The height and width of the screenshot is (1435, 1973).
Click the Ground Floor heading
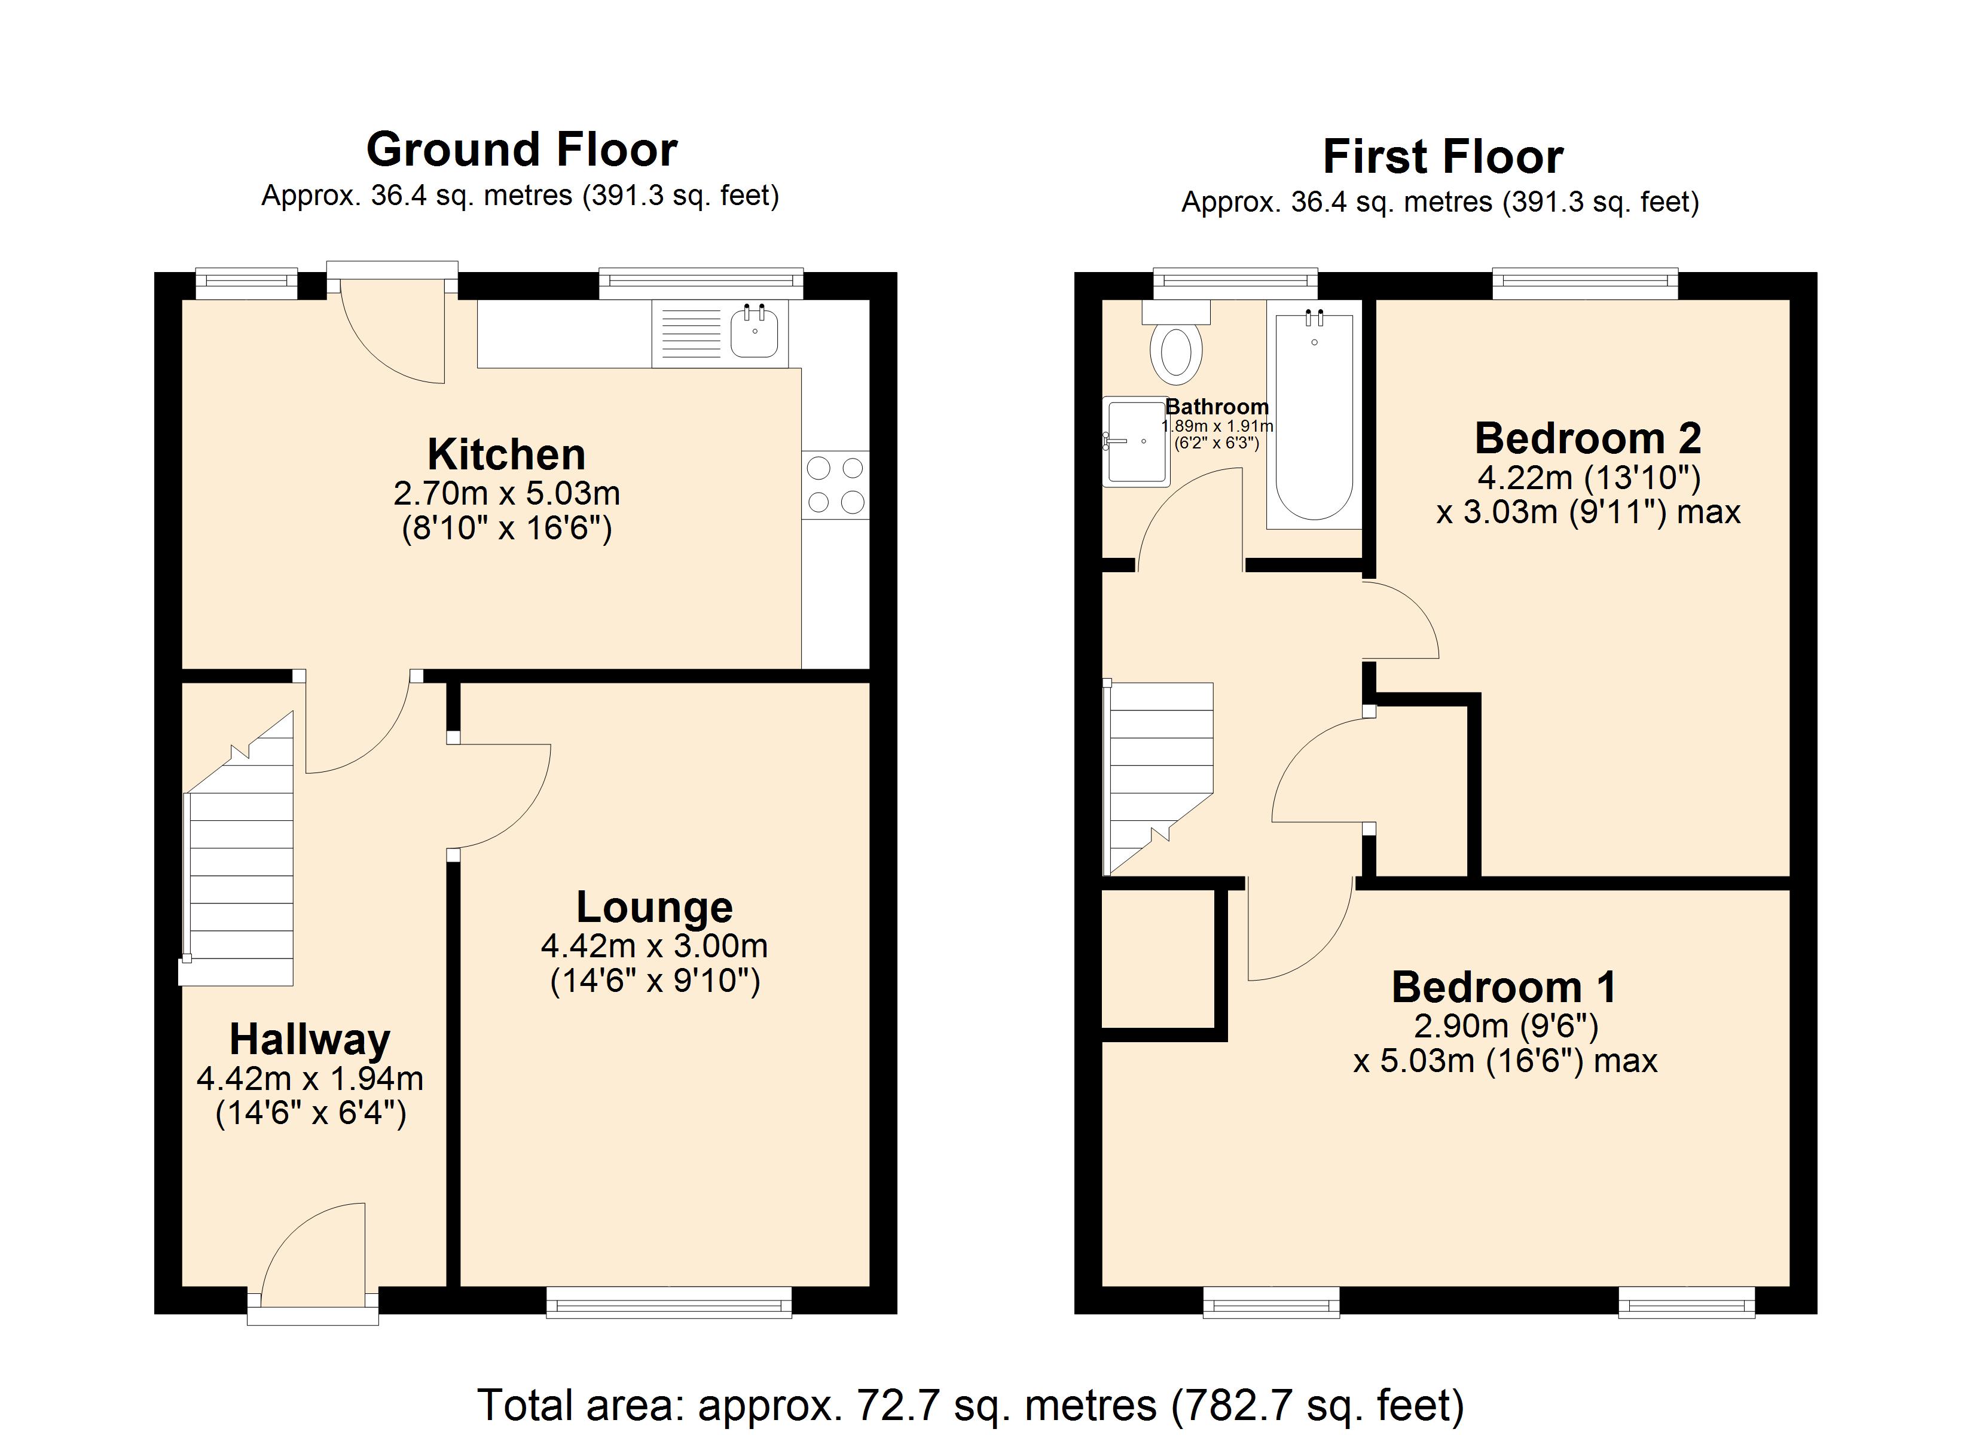point(521,149)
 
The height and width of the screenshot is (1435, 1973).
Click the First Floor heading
point(1442,157)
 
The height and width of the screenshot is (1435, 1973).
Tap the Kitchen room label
point(506,454)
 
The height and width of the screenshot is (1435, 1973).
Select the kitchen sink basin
point(753,332)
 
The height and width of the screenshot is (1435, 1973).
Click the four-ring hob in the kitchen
point(835,485)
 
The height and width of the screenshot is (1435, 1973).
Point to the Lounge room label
point(654,907)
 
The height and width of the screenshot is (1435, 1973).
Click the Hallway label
point(310,1039)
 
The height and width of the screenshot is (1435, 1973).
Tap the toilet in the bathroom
point(1175,352)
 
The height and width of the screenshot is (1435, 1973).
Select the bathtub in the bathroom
point(1314,418)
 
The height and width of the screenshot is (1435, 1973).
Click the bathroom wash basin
point(1135,441)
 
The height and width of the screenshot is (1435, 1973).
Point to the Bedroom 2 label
point(1587,438)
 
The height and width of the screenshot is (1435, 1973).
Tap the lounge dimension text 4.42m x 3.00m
point(654,946)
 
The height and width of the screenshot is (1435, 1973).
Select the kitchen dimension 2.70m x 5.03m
point(506,493)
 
